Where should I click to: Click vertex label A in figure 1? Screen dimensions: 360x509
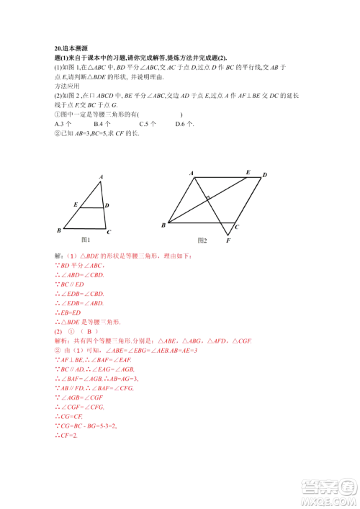click(101, 176)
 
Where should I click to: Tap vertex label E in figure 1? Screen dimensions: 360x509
click(76, 204)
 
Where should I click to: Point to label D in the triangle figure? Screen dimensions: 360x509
click(107, 205)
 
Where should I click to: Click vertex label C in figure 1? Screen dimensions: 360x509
click(108, 232)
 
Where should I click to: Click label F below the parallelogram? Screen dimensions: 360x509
click(228, 239)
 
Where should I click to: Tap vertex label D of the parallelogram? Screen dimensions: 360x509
click(264, 175)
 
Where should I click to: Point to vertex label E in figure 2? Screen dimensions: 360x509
click(247, 172)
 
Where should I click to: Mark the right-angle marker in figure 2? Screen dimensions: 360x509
click(207, 197)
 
